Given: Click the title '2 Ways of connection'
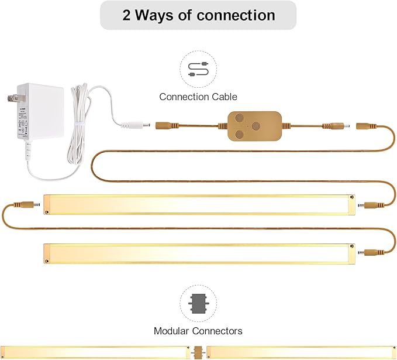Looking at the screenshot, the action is click(x=199, y=15).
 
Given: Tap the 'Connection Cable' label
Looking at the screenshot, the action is click(x=198, y=97).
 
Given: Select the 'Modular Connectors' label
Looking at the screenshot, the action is click(x=198, y=331).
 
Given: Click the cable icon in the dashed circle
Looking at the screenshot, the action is click(x=198, y=69).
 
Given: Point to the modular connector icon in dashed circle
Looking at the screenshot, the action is click(x=198, y=303).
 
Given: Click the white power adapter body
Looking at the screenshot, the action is click(x=40, y=111).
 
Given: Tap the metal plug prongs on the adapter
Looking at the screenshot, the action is click(x=13, y=98).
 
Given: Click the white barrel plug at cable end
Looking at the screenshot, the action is click(x=136, y=125).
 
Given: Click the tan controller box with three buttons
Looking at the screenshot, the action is click(x=255, y=126).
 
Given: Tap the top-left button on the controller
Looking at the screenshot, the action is click(x=239, y=118).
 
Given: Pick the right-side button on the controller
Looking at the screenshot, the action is click(x=256, y=126).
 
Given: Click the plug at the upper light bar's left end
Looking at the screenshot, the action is click(x=27, y=204).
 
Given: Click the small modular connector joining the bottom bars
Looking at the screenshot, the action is click(x=198, y=352).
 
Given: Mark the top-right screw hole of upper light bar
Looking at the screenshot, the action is click(x=351, y=197).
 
